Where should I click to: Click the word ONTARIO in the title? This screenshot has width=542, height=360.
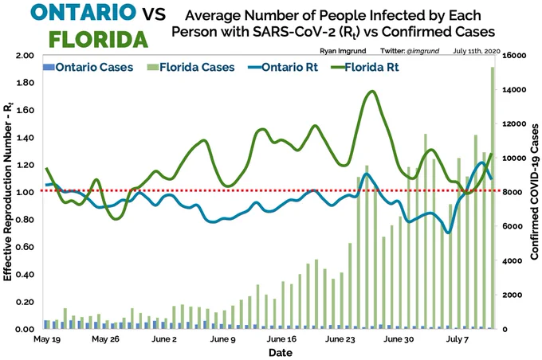84,12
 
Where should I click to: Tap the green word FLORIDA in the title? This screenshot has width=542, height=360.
99,39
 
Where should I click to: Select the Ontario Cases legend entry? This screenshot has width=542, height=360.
88,67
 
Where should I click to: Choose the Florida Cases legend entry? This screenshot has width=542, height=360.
190,67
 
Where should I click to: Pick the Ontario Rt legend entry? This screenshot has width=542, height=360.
283,67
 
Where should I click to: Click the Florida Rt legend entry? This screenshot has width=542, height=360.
365,67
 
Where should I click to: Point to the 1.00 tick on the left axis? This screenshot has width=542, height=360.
25,193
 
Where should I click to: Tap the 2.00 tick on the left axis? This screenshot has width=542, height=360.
25,55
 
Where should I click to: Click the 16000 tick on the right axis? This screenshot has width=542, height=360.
514,56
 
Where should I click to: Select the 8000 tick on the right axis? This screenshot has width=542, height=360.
513,193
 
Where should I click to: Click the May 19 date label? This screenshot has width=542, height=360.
47,339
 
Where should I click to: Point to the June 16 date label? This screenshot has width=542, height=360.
281,339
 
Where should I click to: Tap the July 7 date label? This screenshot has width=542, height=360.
457,339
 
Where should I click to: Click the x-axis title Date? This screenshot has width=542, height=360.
281,353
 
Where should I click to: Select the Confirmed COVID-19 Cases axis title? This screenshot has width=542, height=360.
534,192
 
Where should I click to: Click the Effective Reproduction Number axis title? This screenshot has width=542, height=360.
8,192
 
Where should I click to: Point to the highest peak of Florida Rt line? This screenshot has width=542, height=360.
372,92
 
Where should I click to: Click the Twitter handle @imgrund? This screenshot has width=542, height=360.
422,51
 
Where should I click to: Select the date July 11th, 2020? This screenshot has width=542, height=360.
477,51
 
